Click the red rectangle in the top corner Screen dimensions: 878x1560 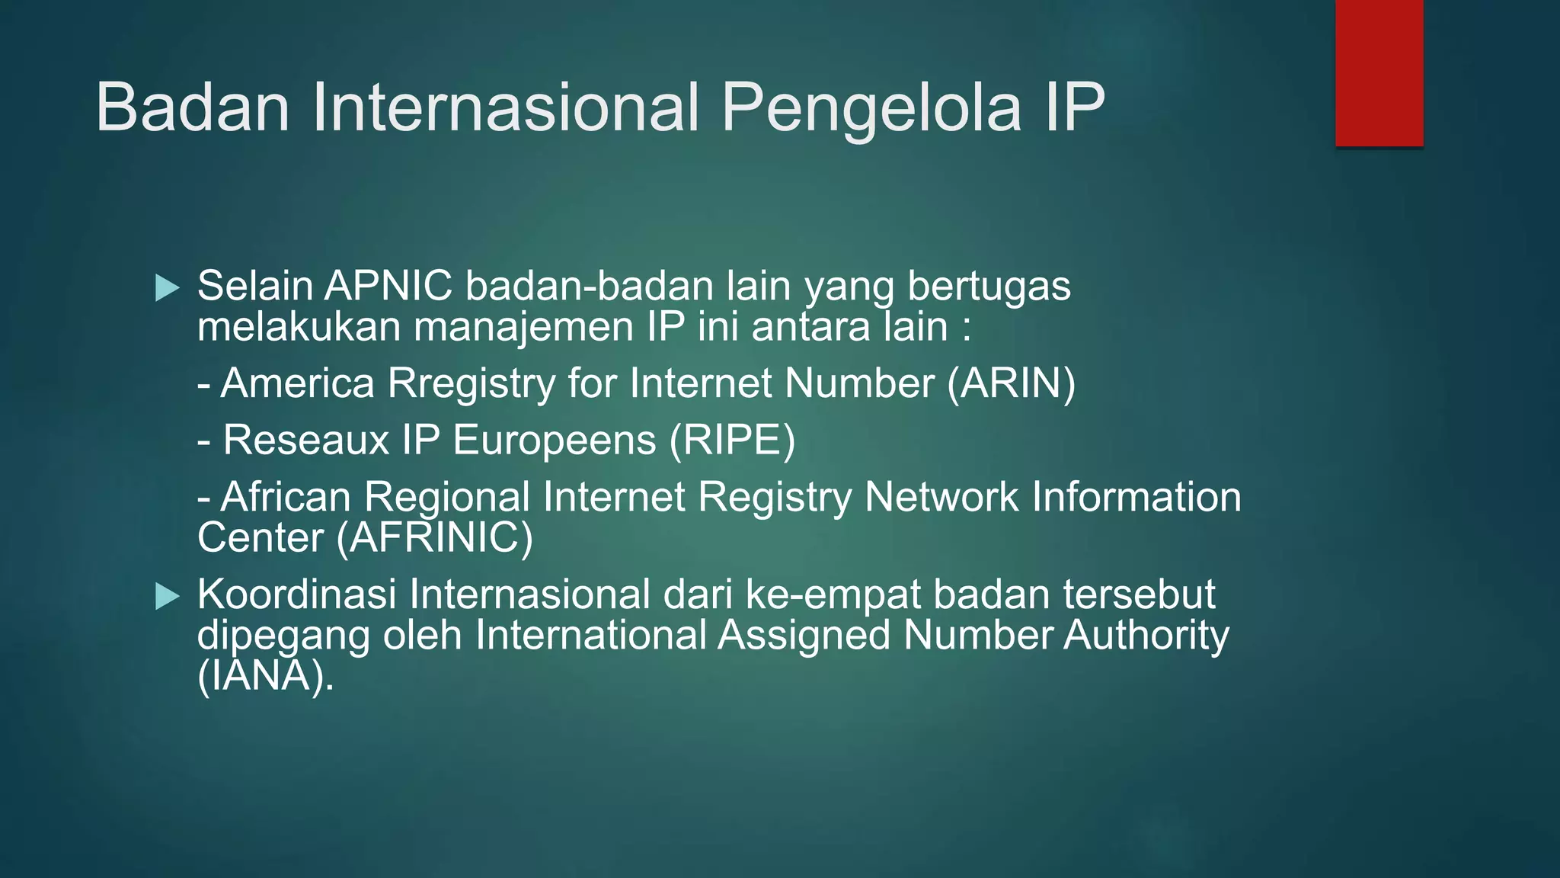tap(1379, 73)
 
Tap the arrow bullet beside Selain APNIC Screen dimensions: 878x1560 tap(167, 288)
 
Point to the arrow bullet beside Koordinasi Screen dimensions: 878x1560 tap(167, 596)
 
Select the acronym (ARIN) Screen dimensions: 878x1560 tap(1011, 383)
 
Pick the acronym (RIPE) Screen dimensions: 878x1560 tap(732, 441)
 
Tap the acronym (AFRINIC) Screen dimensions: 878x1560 tap(435, 537)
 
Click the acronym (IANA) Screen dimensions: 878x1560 tap(264, 675)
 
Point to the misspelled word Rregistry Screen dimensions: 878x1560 tap(472, 383)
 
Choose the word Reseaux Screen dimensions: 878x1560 tap(305, 441)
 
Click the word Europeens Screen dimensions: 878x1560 tap(554, 441)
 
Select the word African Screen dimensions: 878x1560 tap(286, 497)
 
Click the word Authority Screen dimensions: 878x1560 tap(1146, 636)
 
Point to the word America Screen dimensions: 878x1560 tap(298, 383)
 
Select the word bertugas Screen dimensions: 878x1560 tap(989, 287)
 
